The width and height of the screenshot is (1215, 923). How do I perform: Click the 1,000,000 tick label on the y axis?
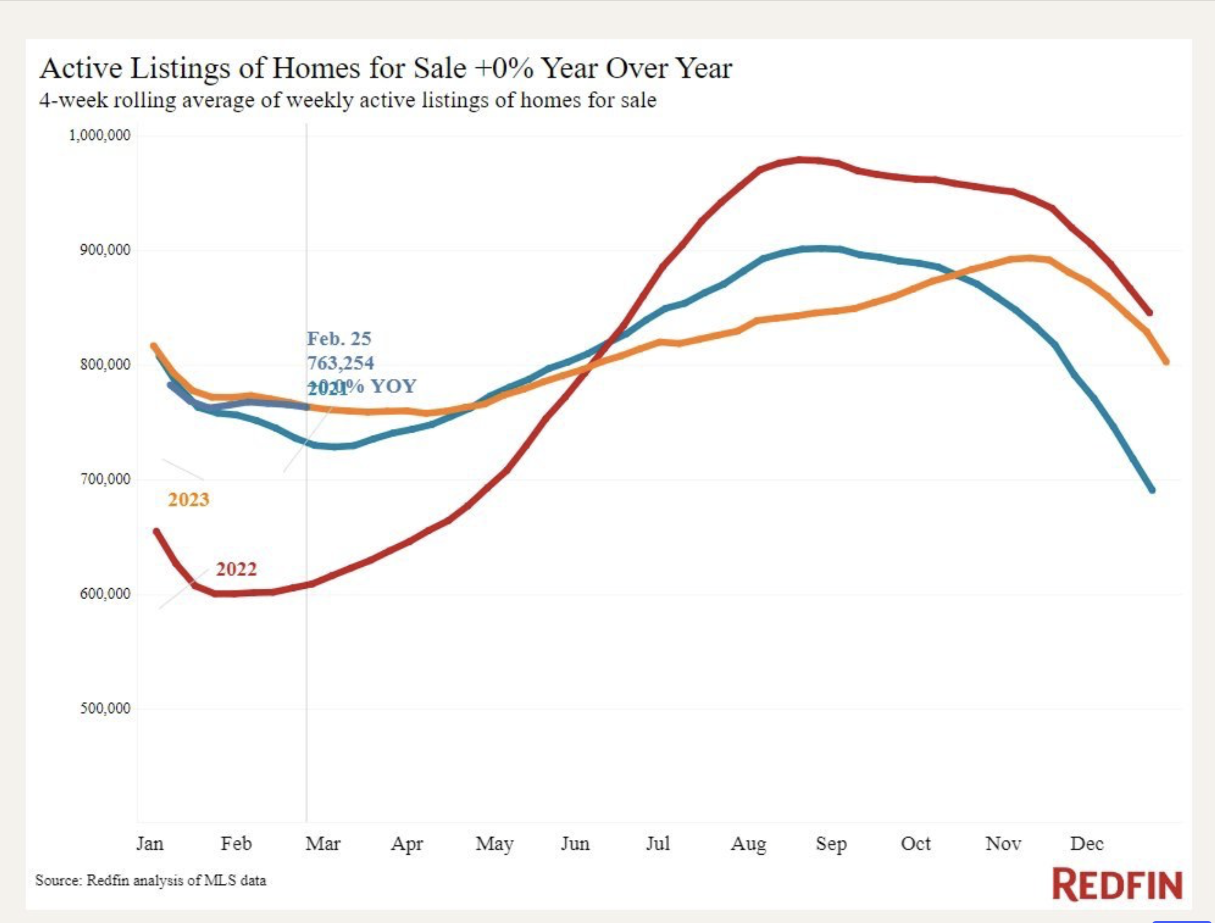point(99,135)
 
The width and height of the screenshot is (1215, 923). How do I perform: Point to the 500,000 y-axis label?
point(105,708)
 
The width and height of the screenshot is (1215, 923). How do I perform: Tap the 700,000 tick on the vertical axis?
point(105,479)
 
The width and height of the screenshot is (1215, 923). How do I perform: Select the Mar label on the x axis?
point(322,843)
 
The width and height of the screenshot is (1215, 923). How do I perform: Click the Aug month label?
point(748,843)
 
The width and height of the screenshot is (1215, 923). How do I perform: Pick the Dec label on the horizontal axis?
point(1086,843)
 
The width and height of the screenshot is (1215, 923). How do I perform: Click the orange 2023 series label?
point(188,499)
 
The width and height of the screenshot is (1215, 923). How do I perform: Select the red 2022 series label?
point(236,569)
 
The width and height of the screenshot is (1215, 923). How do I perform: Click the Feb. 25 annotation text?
point(339,339)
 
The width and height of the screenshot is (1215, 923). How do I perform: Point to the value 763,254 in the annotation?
point(340,363)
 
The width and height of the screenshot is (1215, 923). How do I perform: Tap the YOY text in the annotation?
point(394,386)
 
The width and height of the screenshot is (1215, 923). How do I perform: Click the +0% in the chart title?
point(503,69)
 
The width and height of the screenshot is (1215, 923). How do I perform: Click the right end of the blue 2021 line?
point(1152,490)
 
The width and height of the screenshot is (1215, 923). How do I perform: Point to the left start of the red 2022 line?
point(156,531)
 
